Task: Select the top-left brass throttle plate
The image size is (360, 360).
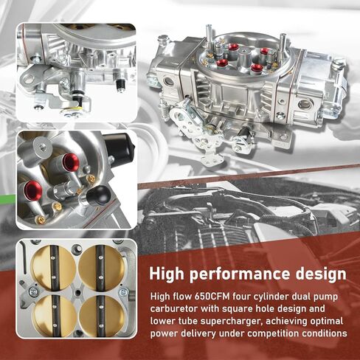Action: pyautogui.click(x=54, y=268)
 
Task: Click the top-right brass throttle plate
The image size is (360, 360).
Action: pyautogui.click(x=101, y=268)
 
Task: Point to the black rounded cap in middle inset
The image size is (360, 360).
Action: pyautogui.click(x=99, y=195)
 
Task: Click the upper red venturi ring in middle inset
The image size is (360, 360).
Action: pyautogui.click(x=71, y=162)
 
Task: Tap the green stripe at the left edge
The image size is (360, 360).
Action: pyautogui.click(x=7, y=199)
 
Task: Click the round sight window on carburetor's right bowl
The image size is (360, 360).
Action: pyautogui.click(x=305, y=105)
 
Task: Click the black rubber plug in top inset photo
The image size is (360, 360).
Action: pyautogui.click(x=120, y=85)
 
